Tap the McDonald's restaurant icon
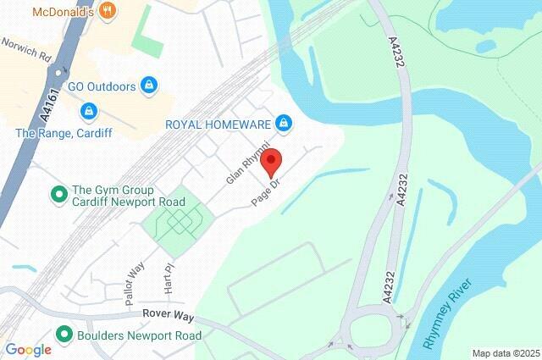tap(106, 11)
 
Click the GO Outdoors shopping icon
tap(149, 85)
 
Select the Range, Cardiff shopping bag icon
tap(88, 111)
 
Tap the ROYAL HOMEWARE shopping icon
tap(283, 125)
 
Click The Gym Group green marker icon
tap(59, 196)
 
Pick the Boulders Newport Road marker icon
tap(61, 335)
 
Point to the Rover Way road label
tap(167, 316)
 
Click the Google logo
tap(28, 349)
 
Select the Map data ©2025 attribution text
tap(505, 353)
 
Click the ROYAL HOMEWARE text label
tap(218, 125)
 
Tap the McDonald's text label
tap(63, 12)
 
